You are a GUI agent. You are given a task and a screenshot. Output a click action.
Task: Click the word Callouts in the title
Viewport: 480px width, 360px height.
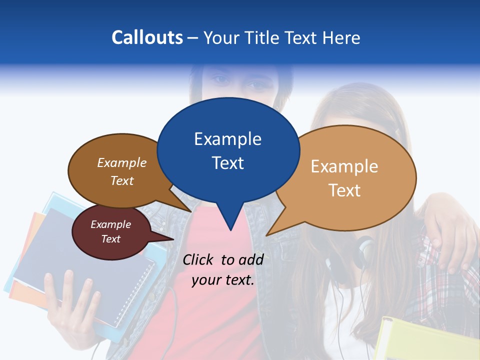coord(147,37)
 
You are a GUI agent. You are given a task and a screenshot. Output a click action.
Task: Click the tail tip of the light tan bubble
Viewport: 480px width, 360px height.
coord(267,234)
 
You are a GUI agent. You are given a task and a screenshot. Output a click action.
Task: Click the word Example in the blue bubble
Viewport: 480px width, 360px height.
coord(227,139)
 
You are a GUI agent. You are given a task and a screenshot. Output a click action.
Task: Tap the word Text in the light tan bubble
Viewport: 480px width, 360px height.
coord(344,190)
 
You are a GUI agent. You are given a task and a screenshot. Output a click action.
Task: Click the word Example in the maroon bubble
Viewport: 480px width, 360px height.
coord(110,224)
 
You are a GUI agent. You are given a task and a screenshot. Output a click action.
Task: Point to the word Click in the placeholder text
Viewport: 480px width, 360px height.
coord(198,259)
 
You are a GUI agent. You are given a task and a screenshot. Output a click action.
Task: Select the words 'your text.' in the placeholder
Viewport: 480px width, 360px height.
coord(223,280)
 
